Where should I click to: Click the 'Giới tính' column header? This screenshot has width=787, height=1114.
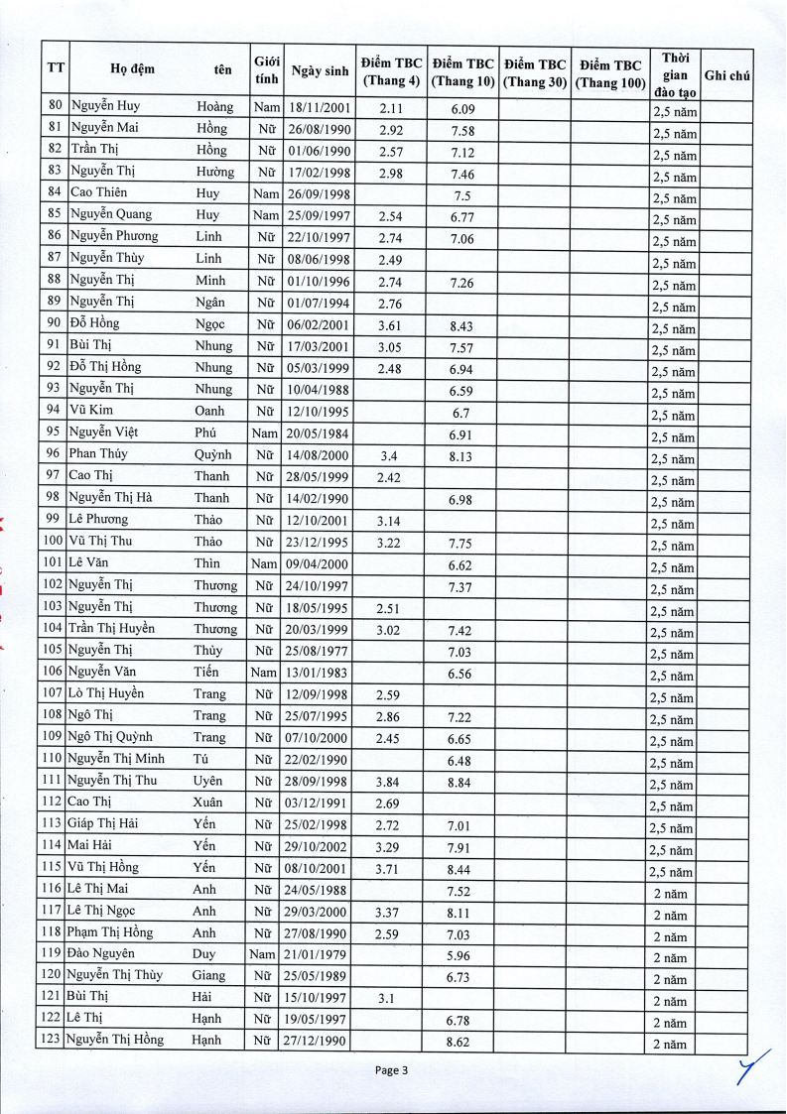(266, 69)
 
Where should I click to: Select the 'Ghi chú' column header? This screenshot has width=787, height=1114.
(725, 75)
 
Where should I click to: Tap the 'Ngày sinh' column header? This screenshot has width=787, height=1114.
(320, 70)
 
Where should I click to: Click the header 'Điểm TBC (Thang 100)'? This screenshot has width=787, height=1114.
(610, 74)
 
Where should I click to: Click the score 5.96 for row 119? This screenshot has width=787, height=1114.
(459, 956)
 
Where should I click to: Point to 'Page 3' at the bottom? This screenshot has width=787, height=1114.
(392, 1069)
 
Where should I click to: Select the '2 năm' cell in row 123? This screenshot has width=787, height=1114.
(670, 1044)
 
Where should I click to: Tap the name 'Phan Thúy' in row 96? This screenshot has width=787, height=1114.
(98, 453)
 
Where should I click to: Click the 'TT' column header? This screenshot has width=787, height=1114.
(56, 68)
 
